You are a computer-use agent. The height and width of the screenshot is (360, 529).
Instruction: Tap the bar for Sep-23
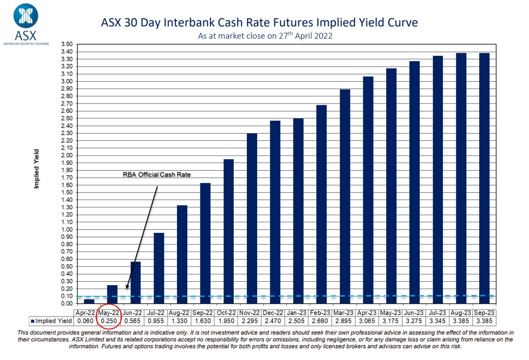click(485, 178)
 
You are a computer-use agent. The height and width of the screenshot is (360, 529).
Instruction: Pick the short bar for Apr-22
click(89, 301)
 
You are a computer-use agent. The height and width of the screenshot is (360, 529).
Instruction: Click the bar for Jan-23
click(298, 211)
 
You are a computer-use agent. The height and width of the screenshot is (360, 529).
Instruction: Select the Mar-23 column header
click(345, 313)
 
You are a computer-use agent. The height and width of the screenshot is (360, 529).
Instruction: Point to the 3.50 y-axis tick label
click(66, 44)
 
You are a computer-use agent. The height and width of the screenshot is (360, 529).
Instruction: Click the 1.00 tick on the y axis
click(66, 229)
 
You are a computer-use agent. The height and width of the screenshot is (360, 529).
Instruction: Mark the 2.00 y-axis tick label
click(66, 155)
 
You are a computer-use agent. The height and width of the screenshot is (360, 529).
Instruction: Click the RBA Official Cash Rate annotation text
click(156, 175)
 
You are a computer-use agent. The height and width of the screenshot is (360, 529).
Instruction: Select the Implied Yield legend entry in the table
click(52, 321)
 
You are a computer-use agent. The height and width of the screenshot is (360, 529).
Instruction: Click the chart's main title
click(259, 22)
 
